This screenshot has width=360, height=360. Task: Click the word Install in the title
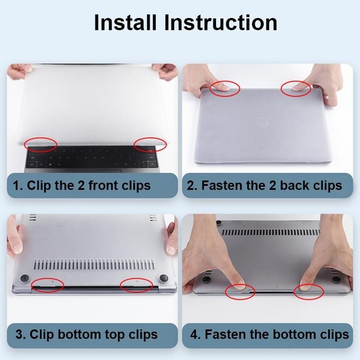[x=125, y=23]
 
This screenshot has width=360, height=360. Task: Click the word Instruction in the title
[x=221, y=23]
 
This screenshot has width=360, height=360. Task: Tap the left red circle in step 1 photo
[x=41, y=138]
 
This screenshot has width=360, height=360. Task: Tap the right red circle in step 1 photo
[x=150, y=138]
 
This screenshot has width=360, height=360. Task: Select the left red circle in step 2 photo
[x=225, y=81]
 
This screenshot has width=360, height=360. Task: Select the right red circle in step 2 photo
[x=296, y=81]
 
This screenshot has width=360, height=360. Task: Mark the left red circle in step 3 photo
[x=47, y=278]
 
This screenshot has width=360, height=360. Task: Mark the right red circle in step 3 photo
[x=136, y=278]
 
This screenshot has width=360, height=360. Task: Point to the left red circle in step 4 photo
[x=240, y=285]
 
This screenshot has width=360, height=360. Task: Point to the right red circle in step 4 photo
[x=309, y=285]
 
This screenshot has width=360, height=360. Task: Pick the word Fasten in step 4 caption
[x=225, y=334]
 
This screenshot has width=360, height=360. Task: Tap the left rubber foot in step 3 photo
[x=25, y=278]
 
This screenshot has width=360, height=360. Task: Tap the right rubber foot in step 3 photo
[x=164, y=278]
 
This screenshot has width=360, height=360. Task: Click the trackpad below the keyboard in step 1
[x=93, y=171]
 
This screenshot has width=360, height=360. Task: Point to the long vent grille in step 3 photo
[x=94, y=264]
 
